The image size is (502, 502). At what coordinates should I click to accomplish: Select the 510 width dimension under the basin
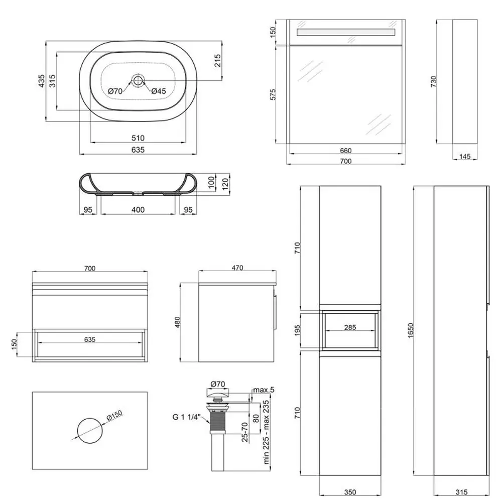tap(138, 138)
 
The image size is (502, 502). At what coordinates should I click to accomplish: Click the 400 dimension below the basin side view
tap(138, 209)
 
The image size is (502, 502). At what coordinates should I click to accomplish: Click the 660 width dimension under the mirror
tap(346, 151)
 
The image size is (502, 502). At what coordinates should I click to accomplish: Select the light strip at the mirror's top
tap(346, 32)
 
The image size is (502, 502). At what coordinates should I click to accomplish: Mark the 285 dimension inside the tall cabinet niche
tap(350, 328)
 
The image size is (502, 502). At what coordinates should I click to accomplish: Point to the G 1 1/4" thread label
tap(187, 416)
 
